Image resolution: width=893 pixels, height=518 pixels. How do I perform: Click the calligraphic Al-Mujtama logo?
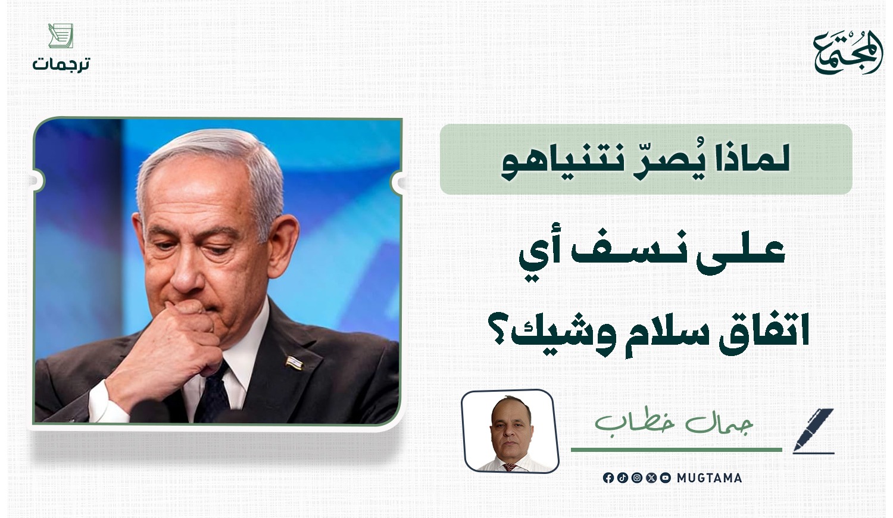pyautogui.click(x=847, y=52)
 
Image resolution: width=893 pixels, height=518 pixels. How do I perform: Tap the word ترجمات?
pyautogui.click(x=61, y=64)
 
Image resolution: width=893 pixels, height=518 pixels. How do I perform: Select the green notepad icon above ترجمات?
pyautogui.click(x=61, y=36)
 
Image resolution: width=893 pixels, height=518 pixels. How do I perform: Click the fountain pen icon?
pyautogui.click(x=813, y=431)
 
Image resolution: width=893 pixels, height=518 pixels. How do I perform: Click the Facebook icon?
pyautogui.click(x=608, y=478)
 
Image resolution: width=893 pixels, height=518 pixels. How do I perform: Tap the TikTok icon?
pyautogui.click(x=622, y=478)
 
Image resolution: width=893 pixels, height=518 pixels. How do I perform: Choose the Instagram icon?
pyautogui.click(x=636, y=478)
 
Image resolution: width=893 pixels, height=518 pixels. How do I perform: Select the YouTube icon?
pyautogui.click(x=666, y=478)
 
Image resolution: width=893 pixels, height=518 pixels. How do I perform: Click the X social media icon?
pyautogui.click(x=651, y=478)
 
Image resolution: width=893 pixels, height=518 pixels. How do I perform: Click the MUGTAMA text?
pyautogui.click(x=709, y=478)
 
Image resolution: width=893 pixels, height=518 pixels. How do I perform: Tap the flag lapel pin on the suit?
pyautogui.click(x=294, y=363)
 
